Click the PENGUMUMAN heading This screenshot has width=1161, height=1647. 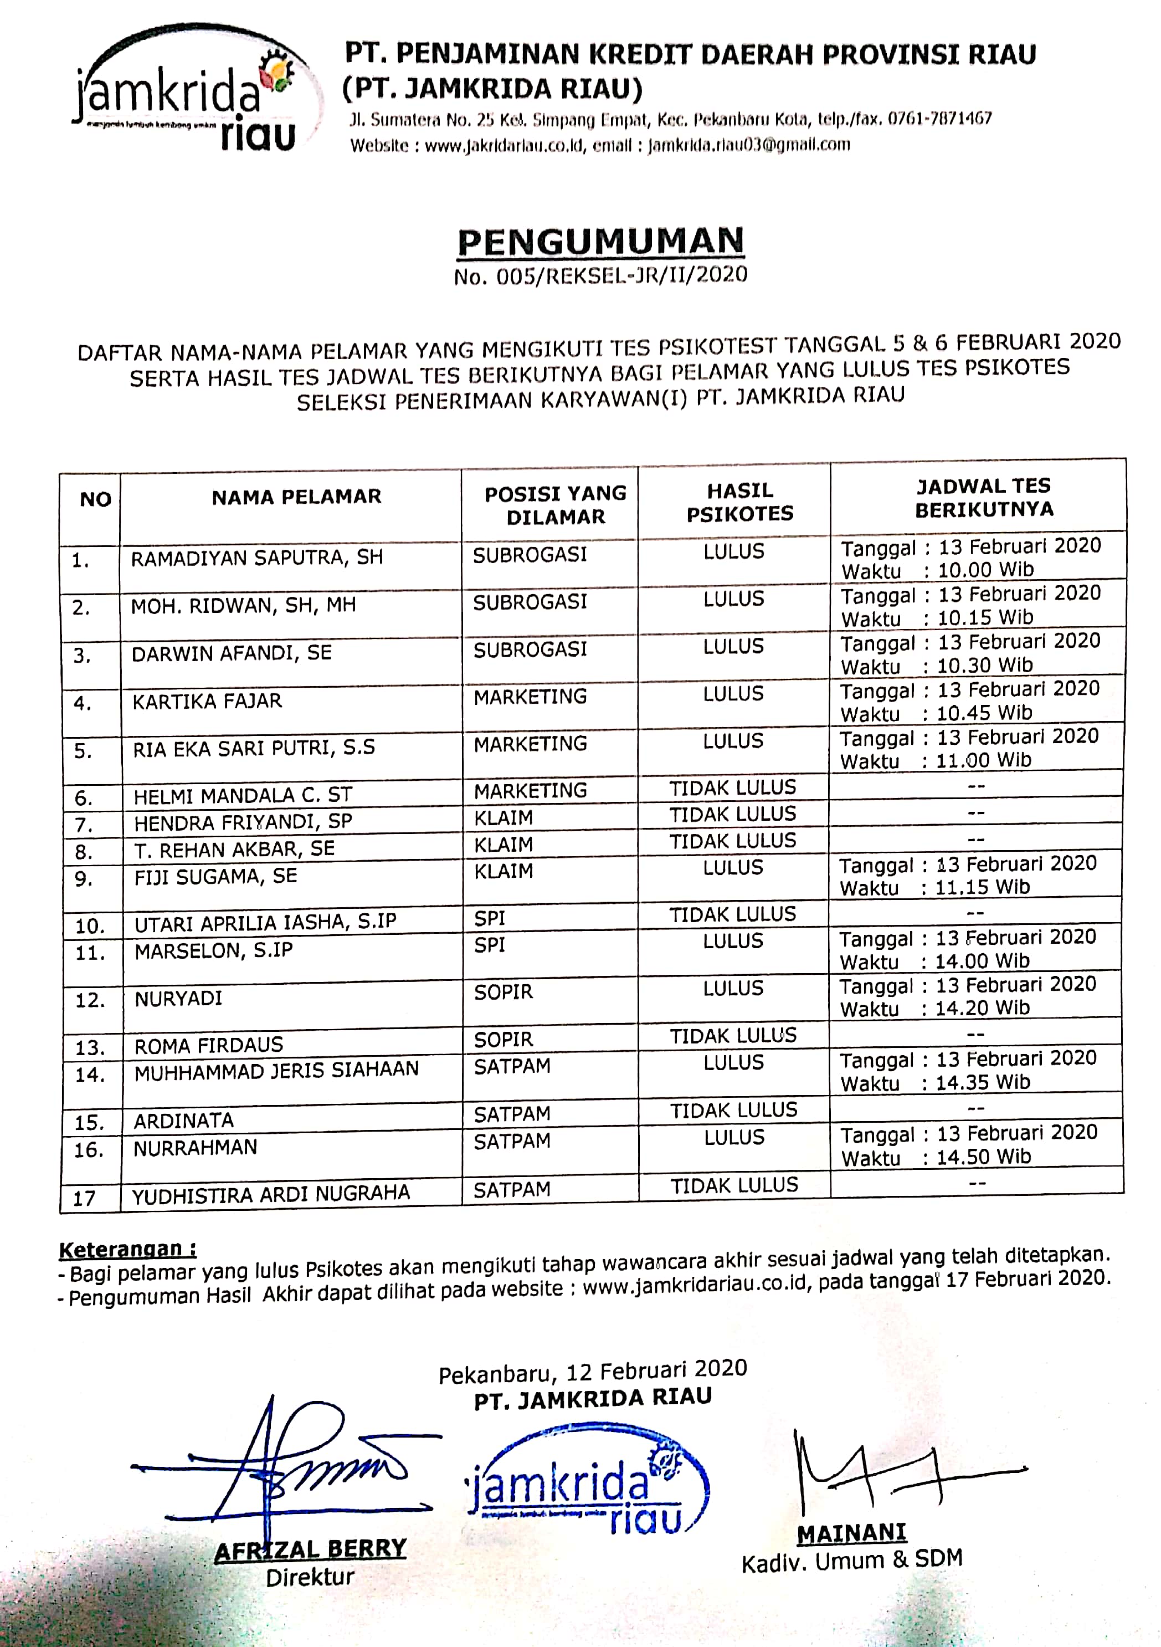click(x=601, y=243)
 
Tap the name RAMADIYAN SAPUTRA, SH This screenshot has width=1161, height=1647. click(x=256, y=558)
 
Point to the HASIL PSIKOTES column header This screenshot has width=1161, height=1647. click(x=739, y=502)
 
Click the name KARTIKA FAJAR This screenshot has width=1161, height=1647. click(x=207, y=701)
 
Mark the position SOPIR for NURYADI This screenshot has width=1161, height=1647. click(x=504, y=992)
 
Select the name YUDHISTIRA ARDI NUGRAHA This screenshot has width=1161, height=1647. click(x=271, y=1194)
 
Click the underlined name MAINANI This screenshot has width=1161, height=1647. click(x=851, y=1533)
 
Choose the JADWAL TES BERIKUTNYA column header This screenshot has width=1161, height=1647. click(x=983, y=498)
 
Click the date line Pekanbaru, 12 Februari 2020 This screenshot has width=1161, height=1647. click(x=592, y=1372)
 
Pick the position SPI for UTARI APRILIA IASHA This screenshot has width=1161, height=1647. click(x=490, y=918)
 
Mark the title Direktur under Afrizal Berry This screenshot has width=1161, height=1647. click(x=310, y=1577)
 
